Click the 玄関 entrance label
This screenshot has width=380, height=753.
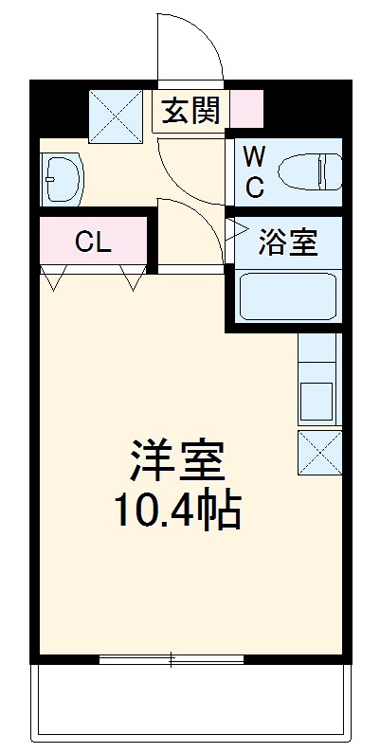(x=190, y=111)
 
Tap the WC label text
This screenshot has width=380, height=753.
(x=255, y=170)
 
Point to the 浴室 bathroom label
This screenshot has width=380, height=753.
(x=289, y=242)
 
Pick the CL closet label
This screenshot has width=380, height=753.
(x=93, y=242)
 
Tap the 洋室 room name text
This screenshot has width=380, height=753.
(x=177, y=461)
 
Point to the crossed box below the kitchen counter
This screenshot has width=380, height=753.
(x=318, y=454)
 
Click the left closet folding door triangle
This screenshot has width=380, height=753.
(x=55, y=278)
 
